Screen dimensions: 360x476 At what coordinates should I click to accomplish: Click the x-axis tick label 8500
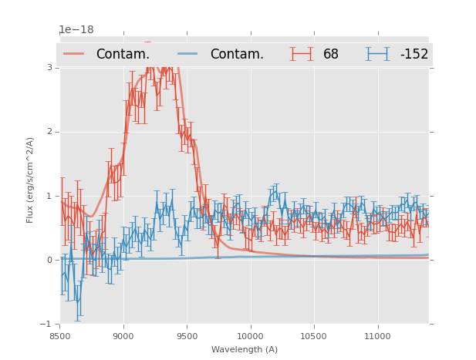(x=60, y=336)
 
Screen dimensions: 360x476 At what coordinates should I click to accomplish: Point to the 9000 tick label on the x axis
(x=123, y=336)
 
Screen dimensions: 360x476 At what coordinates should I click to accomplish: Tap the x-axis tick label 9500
(x=187, y=336)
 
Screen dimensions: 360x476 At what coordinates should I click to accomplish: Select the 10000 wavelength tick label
(x=250, y=336)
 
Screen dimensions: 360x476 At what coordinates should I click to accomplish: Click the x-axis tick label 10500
(x=314, y=336)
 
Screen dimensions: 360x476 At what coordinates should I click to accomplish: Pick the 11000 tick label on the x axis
(x=377, y=336)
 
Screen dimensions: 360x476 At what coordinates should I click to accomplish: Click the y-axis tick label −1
(x=49, y=325)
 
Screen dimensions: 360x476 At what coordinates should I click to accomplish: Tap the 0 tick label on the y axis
(x=50, y=260)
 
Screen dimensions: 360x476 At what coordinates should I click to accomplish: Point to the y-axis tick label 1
(x=50, y=196)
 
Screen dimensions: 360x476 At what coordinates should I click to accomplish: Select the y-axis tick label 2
(x=50, y=132)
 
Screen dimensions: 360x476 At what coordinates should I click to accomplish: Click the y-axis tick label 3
(x=50, y=68)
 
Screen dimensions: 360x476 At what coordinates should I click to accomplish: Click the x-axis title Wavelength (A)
(x=245, y=350)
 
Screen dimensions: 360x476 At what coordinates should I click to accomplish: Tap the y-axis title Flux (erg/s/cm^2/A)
(x=31, y=180)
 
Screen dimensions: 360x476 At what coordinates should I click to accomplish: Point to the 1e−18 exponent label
(x=76, y=30)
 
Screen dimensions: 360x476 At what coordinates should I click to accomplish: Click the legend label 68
(x=331, y=55)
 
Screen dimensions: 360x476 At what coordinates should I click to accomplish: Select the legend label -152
(x=414, y=55)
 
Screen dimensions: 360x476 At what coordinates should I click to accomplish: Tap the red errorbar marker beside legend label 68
(x=302, y=54)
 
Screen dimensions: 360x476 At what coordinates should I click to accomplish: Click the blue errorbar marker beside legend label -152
(x=377, y=54)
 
